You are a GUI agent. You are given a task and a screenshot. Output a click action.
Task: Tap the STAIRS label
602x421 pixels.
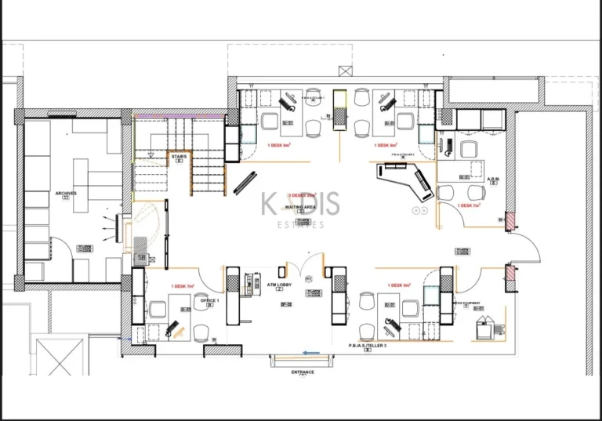(179, 157)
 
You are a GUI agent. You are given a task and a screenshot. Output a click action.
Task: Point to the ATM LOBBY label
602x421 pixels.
(279, 285)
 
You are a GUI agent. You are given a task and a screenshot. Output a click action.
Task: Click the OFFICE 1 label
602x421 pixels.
(209, 300)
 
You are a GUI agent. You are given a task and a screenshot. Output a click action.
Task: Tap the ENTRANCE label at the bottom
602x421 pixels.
(303, 372)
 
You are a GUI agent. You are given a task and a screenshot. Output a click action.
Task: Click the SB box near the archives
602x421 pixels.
(142, 257)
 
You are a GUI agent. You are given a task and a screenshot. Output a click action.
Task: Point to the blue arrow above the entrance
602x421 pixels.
(313, 353)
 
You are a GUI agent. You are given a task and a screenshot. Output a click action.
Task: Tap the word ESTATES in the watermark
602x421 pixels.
(299, 224)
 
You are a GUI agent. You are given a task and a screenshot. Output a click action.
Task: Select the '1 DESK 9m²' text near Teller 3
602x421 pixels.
(399, 285)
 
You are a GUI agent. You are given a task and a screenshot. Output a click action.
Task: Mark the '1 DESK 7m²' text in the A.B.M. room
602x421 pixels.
(469, 205)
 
